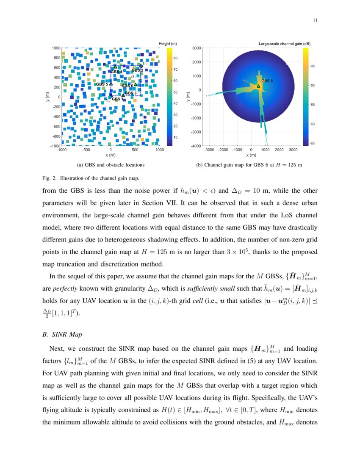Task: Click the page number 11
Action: (315, 20)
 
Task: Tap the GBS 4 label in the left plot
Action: (116, 72)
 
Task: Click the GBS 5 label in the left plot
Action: (102, 84)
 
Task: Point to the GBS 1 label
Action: (118, 99)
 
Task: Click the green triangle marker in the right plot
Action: (258, 86)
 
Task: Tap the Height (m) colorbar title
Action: (167, 44)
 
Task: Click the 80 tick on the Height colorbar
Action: (175, 58)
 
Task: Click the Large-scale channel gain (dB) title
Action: (284, 44)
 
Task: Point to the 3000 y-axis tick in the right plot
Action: (196, 48)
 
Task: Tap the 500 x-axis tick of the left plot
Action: (135, 150)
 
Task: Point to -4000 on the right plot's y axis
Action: (196, 146)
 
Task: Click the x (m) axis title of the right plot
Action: (252, 155)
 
